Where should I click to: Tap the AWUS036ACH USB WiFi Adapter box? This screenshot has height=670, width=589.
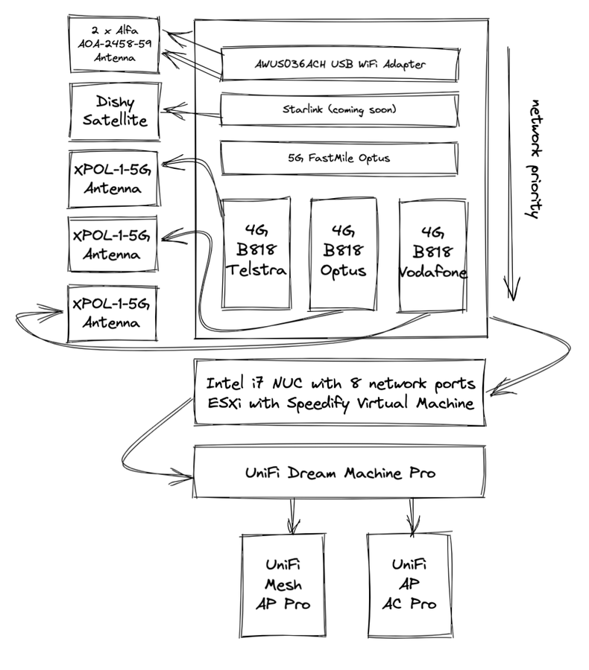[339, 65]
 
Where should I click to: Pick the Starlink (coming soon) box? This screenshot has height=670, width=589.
[339, 109]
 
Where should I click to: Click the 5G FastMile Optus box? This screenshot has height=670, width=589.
[339, 158]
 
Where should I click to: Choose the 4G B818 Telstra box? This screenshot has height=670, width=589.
[256, 253]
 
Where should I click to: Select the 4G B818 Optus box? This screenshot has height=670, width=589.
[343, 253]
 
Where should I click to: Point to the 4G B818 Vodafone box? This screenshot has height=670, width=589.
[433, 253]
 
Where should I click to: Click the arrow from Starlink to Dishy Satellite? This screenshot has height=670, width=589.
[192, 112]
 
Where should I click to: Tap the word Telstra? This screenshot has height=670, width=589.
[256, 270]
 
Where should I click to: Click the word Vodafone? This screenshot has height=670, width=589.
[433, 272]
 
